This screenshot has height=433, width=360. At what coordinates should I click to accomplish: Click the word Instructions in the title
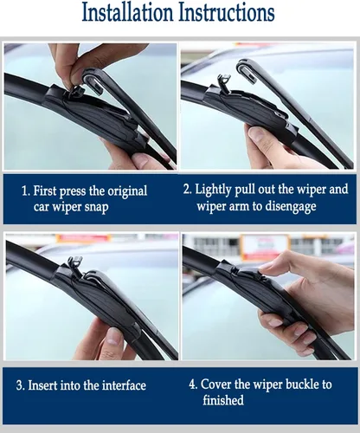(x=227, y=14)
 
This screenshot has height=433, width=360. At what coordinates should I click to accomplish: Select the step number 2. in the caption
(x=188, y=189)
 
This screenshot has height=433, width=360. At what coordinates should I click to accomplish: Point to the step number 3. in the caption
(x=22, y=385)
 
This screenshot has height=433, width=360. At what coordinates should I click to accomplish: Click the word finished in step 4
(x=223, y=401)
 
